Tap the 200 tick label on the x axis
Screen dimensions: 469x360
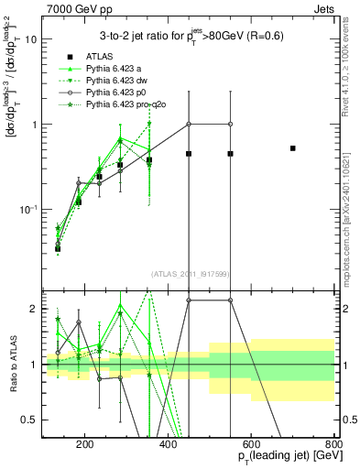pos(84,445)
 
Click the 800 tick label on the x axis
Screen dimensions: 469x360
pos(333,445)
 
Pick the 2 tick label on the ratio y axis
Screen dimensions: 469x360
pos(33,310)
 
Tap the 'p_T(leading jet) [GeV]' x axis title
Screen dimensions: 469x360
pos(278,459)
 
